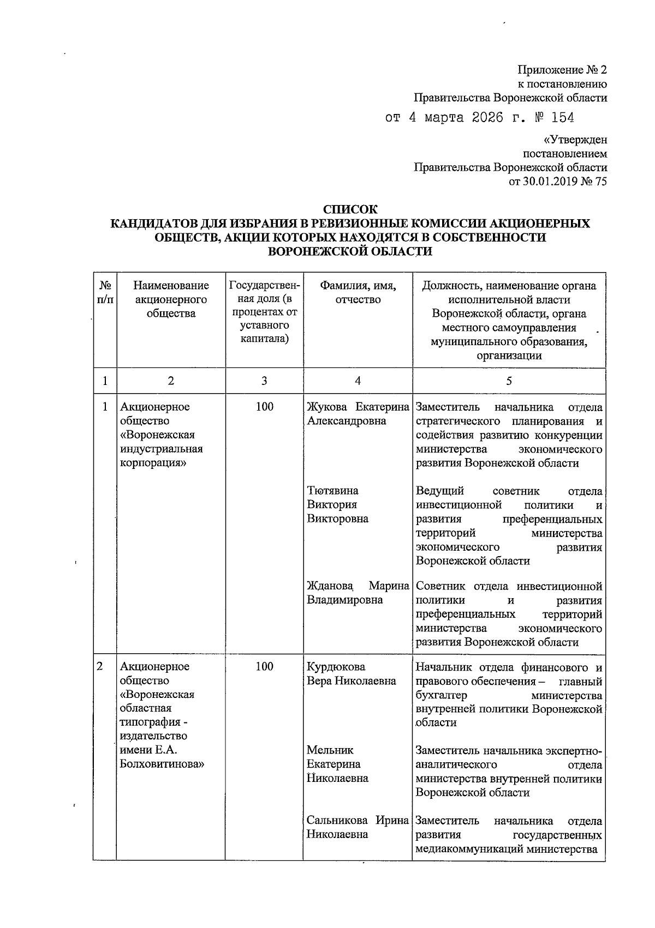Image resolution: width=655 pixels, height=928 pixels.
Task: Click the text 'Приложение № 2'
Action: [562, 70]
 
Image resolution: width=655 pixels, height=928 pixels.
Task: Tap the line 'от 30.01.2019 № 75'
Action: [557, 182]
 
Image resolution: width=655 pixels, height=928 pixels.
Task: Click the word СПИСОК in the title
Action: [350, 209]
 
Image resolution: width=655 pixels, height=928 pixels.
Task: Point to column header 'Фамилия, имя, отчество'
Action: [358, 293]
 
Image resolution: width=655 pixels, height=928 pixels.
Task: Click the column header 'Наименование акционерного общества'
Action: [171, 299]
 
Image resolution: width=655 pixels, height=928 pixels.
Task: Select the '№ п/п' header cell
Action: [105, 293]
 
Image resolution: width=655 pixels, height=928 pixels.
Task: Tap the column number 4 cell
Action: [358, 381]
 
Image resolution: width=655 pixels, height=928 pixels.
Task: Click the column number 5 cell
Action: [509, 381]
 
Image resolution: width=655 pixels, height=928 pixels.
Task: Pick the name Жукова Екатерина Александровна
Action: [358, 414]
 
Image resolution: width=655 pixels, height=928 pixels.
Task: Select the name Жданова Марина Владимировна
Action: [358, 593]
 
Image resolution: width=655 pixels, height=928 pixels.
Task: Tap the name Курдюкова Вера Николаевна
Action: [351, 674]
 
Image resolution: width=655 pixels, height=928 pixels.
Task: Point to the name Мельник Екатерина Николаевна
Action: [337, 764]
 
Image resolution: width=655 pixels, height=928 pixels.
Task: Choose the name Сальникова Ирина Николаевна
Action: [358, 827]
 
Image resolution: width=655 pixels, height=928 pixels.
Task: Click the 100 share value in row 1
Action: [264, 407]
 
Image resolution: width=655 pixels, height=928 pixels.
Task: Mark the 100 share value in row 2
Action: [264, 667]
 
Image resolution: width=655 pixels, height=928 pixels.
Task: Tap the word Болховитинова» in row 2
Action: [162, 764]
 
